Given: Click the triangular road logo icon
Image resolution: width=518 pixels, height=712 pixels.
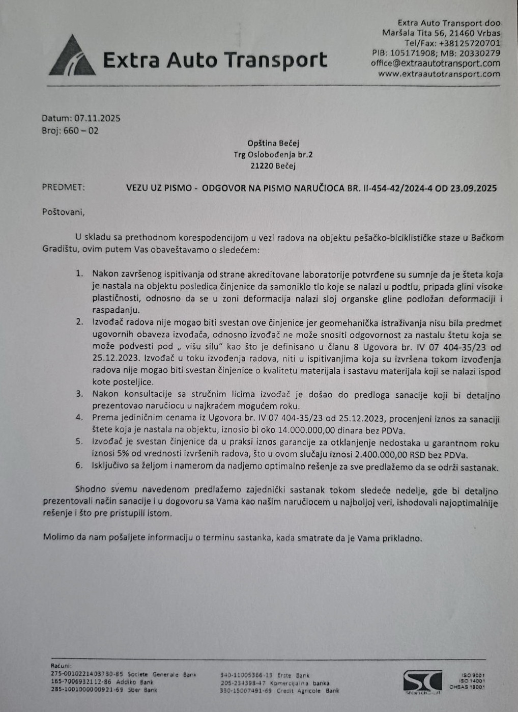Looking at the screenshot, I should tap(72, 57).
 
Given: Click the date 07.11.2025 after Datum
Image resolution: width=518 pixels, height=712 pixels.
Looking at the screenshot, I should tap(97, 118).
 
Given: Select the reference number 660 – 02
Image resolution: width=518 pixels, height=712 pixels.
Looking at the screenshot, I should tap(81, 131).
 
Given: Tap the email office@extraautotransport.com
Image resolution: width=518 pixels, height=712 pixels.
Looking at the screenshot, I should tap(435, 64).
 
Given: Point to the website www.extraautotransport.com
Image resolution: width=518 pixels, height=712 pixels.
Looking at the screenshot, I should tap(439, 74).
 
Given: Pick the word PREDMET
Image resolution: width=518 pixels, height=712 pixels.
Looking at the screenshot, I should tap(64, 187).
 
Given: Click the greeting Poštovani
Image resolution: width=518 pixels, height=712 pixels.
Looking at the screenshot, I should tap(63, 212).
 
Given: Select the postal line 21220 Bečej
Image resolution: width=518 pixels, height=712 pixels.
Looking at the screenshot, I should tap(273, 166).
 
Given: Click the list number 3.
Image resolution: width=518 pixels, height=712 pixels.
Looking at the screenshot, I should tap(79, 394).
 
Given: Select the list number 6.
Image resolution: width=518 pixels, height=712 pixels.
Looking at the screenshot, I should tap(79, 466).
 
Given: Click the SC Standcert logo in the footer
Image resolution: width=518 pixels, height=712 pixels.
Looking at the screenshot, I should tap(422, 682).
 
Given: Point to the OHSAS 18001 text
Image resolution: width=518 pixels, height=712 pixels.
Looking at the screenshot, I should tap(467, 687).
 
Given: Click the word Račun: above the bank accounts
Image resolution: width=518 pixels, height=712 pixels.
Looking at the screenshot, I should tap(61, 666).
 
